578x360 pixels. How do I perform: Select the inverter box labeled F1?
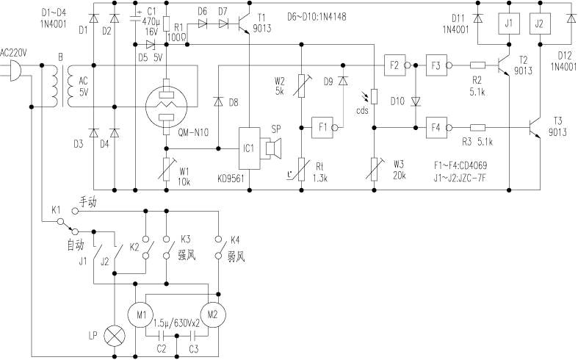323,127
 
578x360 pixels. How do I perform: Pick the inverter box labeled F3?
437,65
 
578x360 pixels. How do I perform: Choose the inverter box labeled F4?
437,127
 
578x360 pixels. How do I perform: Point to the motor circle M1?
140,315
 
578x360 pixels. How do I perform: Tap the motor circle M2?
212,315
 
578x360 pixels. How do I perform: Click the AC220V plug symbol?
13,72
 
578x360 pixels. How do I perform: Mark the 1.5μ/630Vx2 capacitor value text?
178,322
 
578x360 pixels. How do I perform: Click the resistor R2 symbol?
477,65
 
